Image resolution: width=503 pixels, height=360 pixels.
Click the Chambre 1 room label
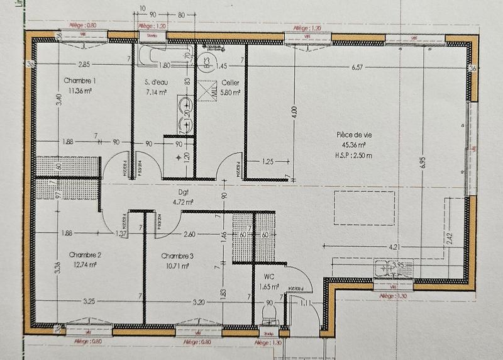(80, 81)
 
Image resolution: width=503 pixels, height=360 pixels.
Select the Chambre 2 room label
(86, 255)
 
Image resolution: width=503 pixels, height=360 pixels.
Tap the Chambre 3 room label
(177, 256)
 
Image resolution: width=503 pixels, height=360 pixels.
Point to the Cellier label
(230, 82)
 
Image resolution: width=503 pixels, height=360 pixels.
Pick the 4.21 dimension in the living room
(395, 246)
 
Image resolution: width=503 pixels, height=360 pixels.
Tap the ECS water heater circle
(205, 62)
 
